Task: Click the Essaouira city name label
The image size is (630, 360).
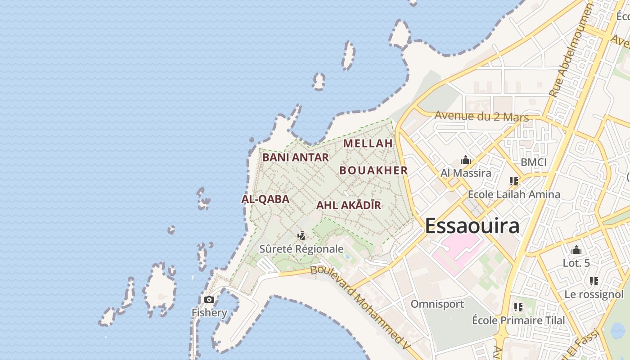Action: (x=472, y=225)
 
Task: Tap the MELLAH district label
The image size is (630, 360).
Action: (x=368, y=144)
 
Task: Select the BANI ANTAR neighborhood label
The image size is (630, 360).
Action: (x=296, y=157)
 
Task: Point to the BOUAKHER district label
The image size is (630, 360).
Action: (x=373, y=171)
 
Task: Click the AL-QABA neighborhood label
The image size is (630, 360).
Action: (x=265, y=199)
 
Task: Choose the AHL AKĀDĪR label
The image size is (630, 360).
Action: (x=349, y=206)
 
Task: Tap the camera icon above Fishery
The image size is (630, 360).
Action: (x=209, y=299)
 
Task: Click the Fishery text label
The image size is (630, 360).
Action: (x=209, y=313)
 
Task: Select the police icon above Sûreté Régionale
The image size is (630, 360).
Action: (x=301, y=235)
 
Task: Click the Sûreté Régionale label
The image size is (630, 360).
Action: (x=301, y=249)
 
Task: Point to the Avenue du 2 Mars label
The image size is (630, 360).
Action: (x=481, y=117)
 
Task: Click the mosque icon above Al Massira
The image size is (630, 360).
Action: (x=466, y=160)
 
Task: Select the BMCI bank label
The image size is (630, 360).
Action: (x=533, y=162)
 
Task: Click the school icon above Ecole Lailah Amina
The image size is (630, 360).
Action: (x=514, y=181)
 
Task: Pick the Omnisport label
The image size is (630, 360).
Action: (x=437, y=304)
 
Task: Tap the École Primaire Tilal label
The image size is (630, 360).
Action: (x=518, y=320)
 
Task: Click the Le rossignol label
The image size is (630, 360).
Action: (x=594, y=295)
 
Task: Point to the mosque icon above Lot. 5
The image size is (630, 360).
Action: (x=576, y=250)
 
